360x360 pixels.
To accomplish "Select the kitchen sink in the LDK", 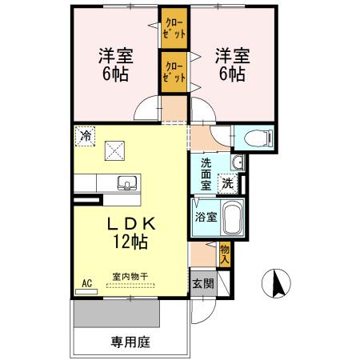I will point(127,182).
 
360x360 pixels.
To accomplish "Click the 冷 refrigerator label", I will point(85,136).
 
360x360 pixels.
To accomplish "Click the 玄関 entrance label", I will point(202,283).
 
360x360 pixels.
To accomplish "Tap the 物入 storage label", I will point(225,254).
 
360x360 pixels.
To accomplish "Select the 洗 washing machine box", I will point(228,183).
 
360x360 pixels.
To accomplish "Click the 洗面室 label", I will point(206,174).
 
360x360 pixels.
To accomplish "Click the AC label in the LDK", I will point(87,282).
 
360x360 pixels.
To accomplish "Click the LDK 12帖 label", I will point(132,229).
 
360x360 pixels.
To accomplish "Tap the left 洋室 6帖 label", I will point(116,65).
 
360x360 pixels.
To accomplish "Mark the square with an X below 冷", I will point(114,149).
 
